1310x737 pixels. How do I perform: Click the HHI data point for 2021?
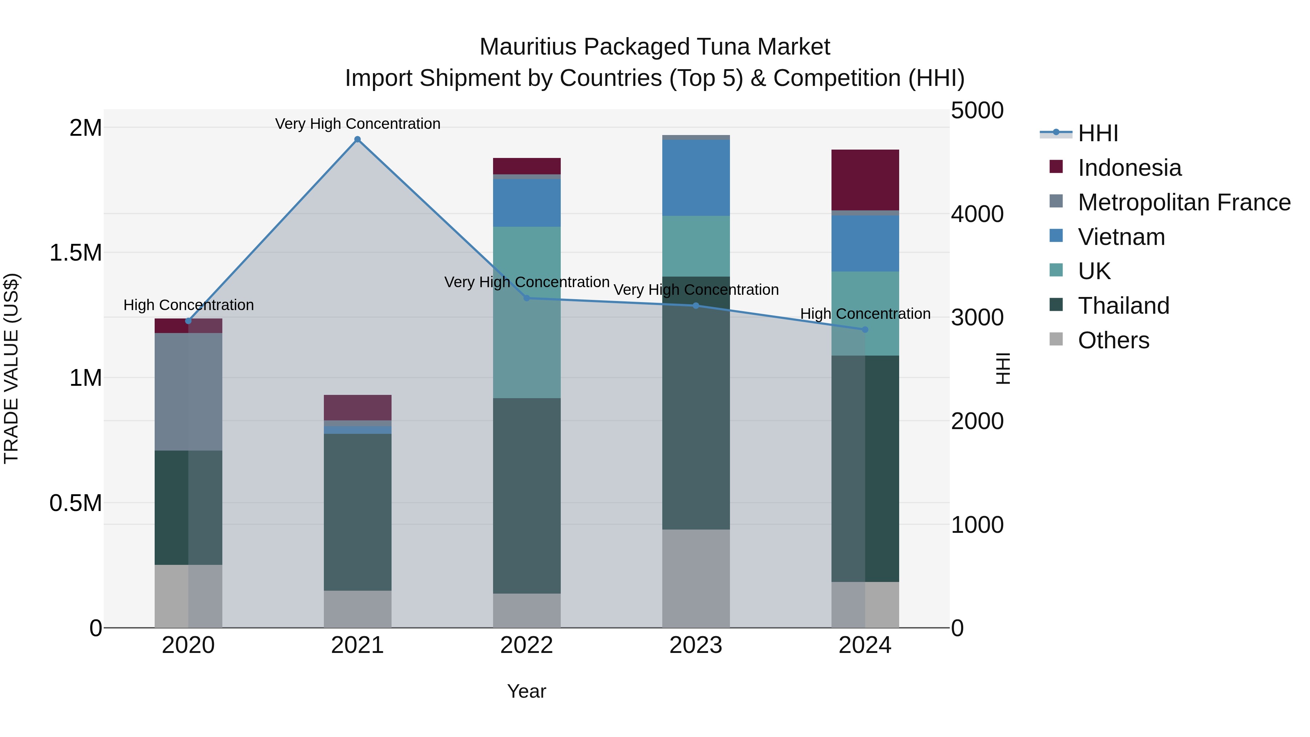tap(357, 139)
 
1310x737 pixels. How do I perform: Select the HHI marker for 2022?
tap(527, 298)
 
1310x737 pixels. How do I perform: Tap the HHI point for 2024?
tap(865, 330)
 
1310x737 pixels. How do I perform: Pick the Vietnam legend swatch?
tap(1056, 236)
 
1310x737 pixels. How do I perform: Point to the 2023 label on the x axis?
tap(696, 645)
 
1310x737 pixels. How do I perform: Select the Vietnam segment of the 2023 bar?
tap(696, 178)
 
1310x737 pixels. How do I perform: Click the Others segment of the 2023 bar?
tap(696, 579)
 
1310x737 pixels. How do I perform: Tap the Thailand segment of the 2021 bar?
tap(357, 512)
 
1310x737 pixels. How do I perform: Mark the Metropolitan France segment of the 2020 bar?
tap(188, 392)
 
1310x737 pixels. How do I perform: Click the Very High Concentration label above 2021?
tap(357, 124)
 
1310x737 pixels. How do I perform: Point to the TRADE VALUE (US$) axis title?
tap(11, 368)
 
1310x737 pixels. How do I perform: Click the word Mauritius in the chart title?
tap(528, 47)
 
